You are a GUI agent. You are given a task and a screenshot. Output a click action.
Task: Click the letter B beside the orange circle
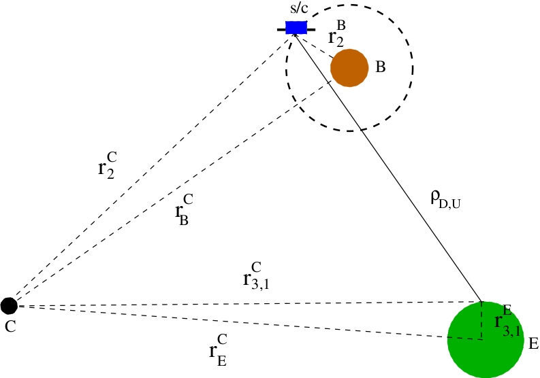[381, 67]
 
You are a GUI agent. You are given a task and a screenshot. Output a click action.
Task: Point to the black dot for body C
[9, 305]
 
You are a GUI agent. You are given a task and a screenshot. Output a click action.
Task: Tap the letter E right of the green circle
[533, 343]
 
